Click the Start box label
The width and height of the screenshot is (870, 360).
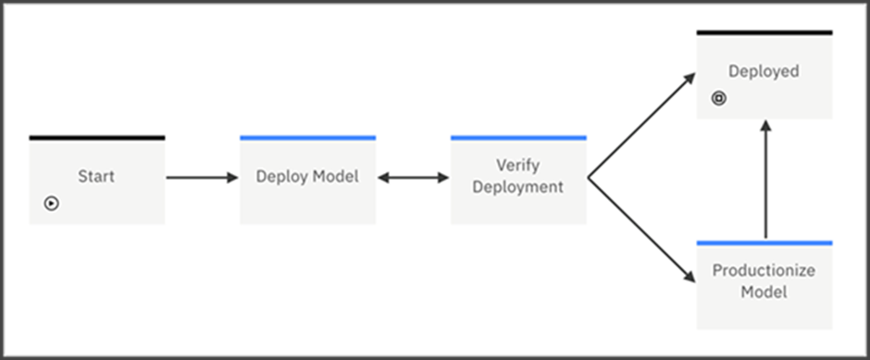tap(96, 176)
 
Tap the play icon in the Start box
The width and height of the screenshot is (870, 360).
tap(52, 203)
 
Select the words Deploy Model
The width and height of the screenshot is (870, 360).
tap(307, 176)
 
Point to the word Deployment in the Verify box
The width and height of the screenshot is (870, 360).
tap(518, 186)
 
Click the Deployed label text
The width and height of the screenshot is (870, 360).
tap(764, 71)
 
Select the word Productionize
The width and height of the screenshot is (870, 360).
tap(764, 272)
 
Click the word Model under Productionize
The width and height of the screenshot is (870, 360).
tap(764, 292)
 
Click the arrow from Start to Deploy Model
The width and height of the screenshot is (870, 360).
tap(202, 177)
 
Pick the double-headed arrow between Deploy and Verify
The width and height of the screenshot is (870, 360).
tap(413, 177)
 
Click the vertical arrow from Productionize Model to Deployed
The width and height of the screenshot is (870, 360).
tap(764, 180)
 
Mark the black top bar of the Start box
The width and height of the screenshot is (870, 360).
tap(97, 138)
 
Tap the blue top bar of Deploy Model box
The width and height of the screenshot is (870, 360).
tap(307, 138)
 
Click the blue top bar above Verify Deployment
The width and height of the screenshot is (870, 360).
tap(518, 138)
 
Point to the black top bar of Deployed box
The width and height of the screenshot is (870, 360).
tap(764, 32)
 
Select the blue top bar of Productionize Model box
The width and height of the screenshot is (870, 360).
tap(764, 242)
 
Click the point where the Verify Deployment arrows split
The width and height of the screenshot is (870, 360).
tap(589, 177)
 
